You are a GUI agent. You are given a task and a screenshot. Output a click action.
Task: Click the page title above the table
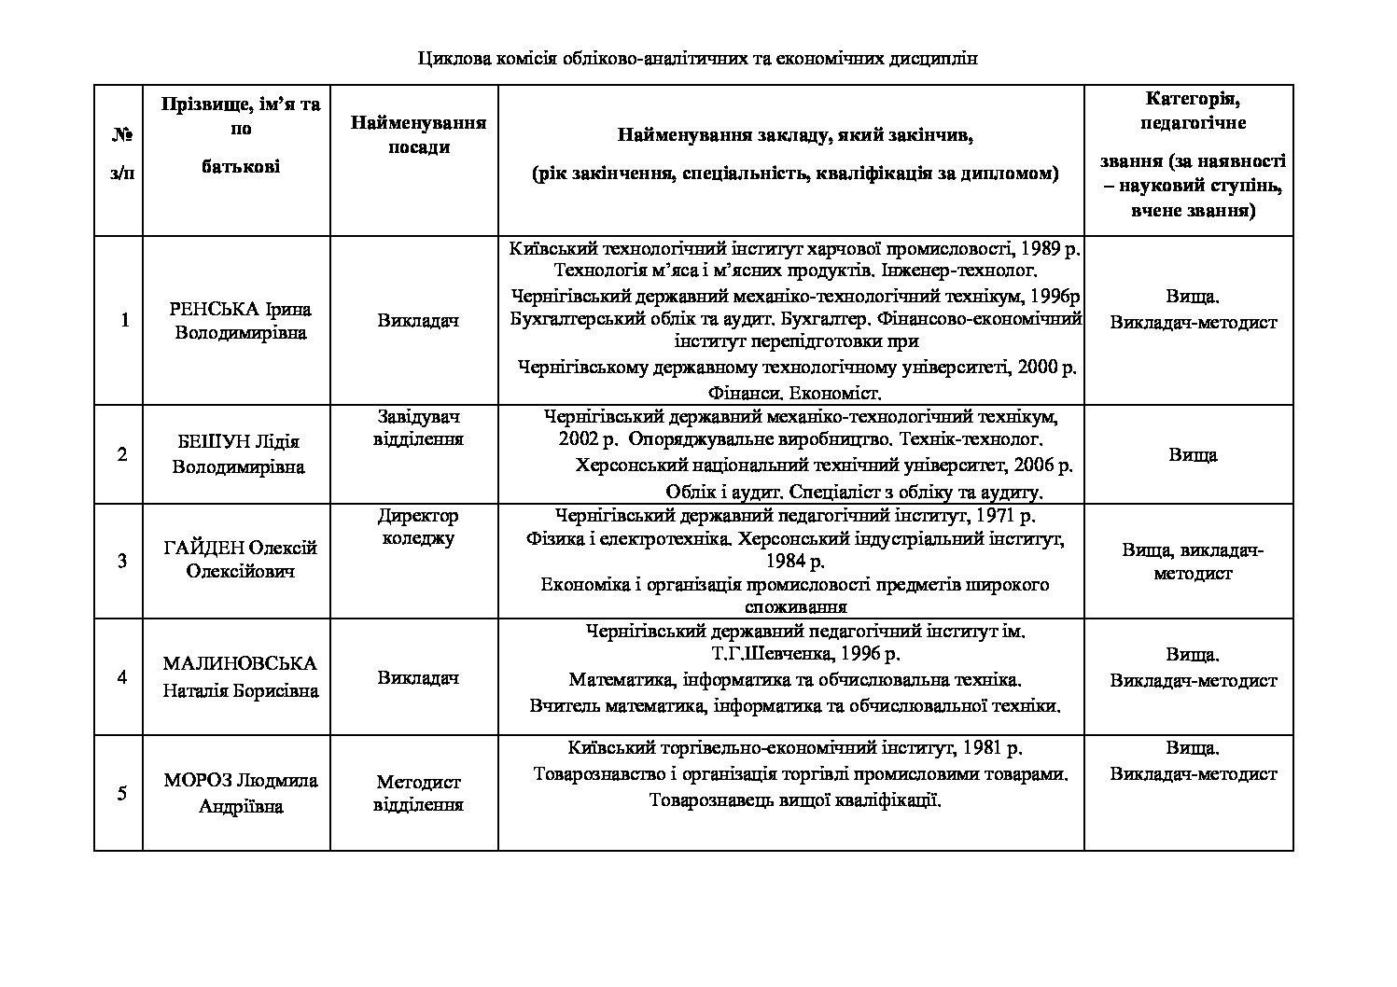click(697, 59)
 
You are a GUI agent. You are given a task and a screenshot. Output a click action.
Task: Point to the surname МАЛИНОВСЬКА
click(240, 663)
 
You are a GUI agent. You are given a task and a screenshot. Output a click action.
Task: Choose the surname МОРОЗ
click(198, 780)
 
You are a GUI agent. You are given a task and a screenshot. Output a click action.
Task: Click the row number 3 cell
click(122, 561)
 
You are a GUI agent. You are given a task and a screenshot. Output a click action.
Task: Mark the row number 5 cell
click(122, 793)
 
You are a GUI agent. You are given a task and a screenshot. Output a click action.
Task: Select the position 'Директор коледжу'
click(418, 527)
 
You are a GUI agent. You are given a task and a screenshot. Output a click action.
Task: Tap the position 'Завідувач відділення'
click(418, 427)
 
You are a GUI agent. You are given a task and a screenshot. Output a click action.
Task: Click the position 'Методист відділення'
click(418, 793)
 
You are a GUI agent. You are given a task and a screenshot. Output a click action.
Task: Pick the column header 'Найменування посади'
click(418, 135)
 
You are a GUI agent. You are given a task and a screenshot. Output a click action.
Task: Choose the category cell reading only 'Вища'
click(1192, 455)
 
